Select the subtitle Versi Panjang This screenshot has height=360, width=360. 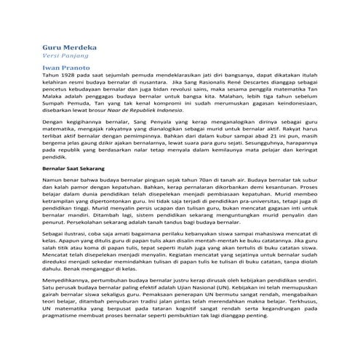click(x=63, y=56)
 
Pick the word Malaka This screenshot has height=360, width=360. click(x=52, y=90)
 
